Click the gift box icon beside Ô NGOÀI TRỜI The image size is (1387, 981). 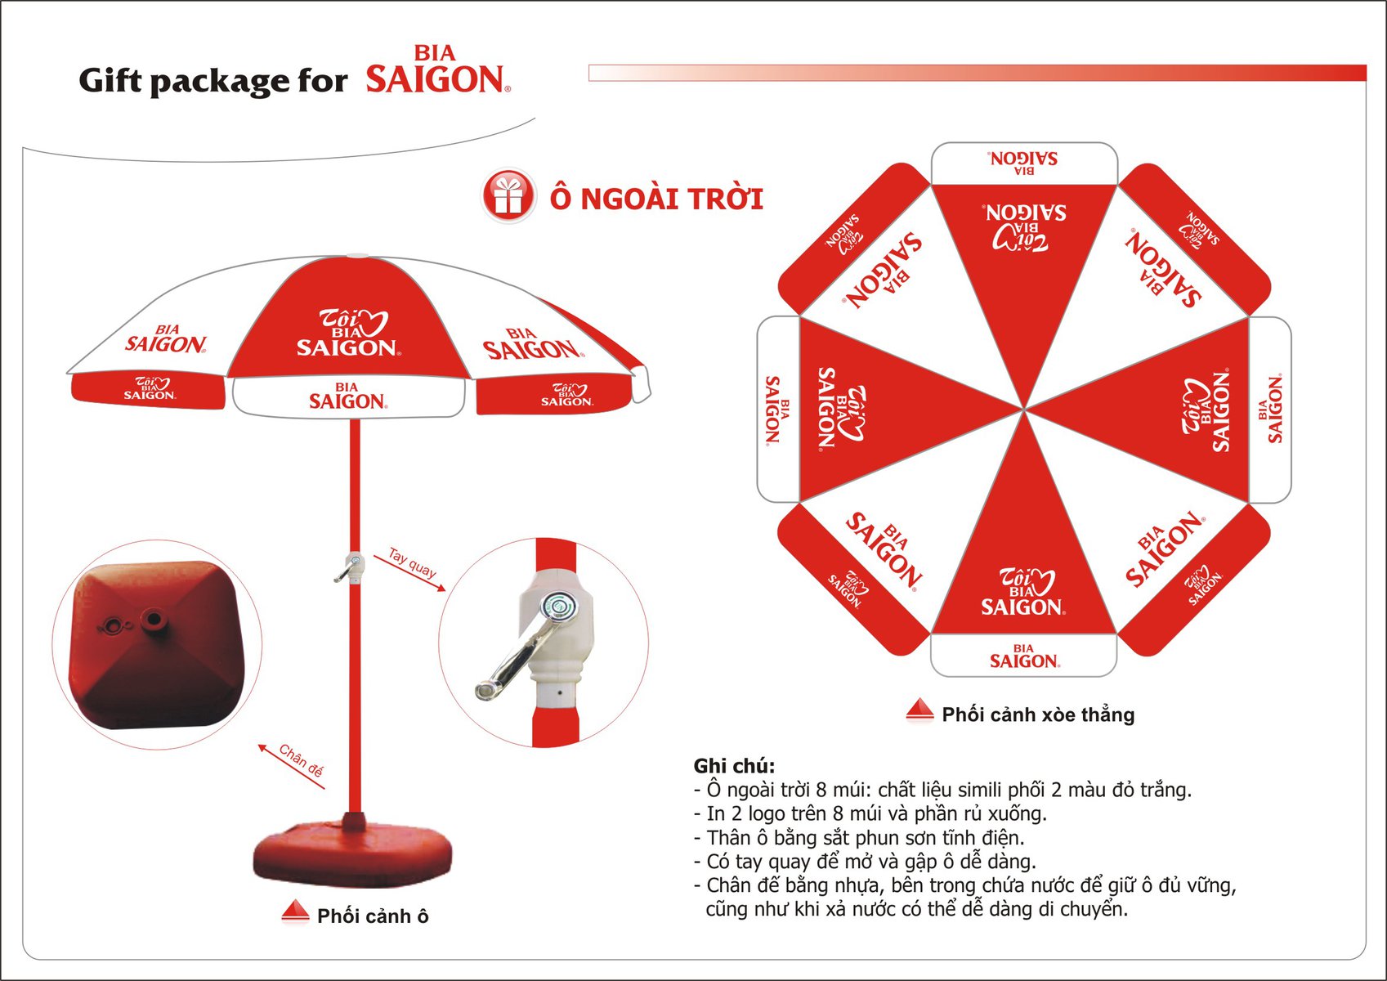click(508, 195)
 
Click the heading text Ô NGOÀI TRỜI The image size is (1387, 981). click(656, 199)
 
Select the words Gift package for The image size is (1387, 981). click(213, 81)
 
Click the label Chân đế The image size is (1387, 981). click(301, 760)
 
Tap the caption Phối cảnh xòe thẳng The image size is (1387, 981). click(1038, 714)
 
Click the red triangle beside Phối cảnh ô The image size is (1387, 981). click(295, 911)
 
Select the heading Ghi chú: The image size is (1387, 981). click(735, 766)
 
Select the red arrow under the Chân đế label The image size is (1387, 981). click(291, 767)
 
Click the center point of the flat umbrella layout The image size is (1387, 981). click(1023, 410)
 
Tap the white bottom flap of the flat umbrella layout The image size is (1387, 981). click(1024, 656)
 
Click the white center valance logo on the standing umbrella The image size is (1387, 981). click(348, 396)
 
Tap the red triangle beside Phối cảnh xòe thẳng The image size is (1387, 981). click(919, 710)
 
